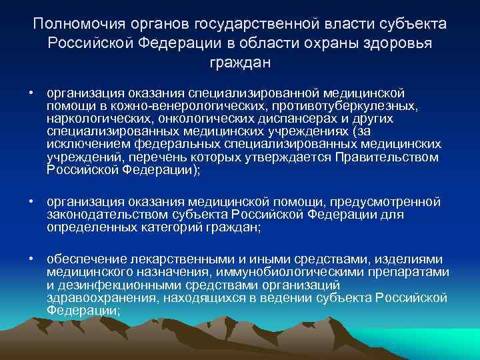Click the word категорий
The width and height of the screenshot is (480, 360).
coord(167,227)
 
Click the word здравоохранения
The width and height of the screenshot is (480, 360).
coord(93,297)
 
